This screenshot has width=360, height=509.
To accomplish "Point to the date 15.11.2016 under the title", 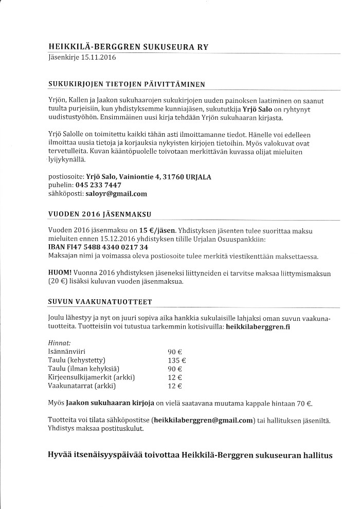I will [x=98, y=57].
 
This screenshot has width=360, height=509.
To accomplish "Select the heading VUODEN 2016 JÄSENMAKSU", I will [x=99, y=213].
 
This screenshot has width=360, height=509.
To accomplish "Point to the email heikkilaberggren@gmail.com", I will [x=204, y=420].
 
